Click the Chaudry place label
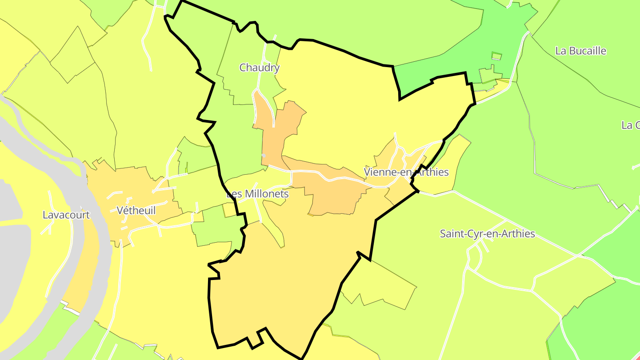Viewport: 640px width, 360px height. (259, 68)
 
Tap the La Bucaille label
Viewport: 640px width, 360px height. (580, 51)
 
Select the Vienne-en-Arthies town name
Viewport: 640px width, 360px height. (406, 172)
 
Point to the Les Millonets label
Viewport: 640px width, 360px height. (257, 194)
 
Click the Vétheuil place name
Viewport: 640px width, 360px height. (136, 210)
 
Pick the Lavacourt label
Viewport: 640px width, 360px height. (66, 215)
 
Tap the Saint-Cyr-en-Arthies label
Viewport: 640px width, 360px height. (487, 234)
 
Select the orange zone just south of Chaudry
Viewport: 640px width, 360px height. (278, 133)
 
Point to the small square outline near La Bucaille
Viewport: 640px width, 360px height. (496, 56)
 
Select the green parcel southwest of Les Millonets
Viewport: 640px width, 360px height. (211, 231)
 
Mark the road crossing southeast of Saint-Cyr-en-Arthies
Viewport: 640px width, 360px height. (577, 256)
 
